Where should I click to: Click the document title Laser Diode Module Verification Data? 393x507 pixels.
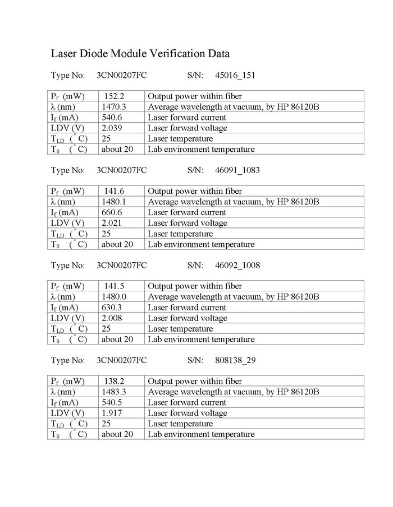(x=140, y=54)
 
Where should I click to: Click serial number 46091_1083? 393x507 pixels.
(x=237, y=170)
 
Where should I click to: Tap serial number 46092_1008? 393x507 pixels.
(x=237, y=265)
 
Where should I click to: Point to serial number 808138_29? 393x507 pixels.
(x=236, y=360)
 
